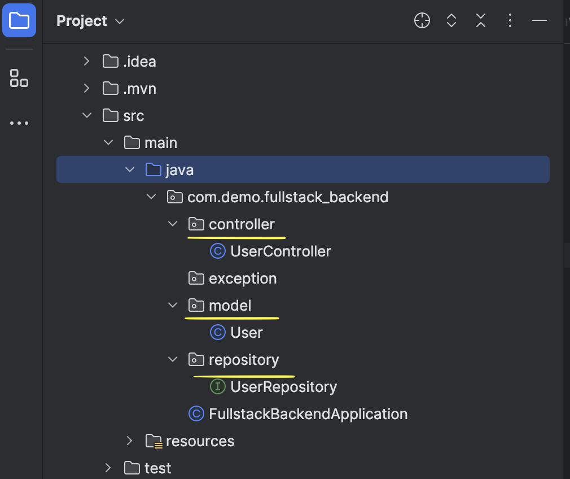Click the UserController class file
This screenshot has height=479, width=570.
click(280, 251)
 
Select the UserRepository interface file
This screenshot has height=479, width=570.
click(283, 387)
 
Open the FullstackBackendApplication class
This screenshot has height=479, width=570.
click(308, 414)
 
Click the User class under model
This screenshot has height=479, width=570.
click(246, 333)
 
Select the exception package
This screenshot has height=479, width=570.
click(243, 278)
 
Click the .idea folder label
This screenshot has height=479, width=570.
click(139, 62)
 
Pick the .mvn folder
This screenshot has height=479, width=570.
click(139, 89)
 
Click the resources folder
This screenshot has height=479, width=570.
click(200, 441)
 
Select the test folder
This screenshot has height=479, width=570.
click(157, 468)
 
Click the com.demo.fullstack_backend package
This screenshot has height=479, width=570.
click(287, 197)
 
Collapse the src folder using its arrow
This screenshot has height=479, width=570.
click(87, 116)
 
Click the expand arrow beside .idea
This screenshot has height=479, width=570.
click(86, 62)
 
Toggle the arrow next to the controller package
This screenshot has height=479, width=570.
click(173, 224)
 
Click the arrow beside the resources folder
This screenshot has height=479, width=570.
click(129, 441)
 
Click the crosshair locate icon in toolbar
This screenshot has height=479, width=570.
click(422, 21)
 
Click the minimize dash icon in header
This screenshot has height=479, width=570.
click(540, 21)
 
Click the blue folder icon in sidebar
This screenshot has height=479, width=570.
click(19, 21)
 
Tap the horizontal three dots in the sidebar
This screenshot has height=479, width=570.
click(19, 123)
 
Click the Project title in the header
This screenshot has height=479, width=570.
click(82, 21)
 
